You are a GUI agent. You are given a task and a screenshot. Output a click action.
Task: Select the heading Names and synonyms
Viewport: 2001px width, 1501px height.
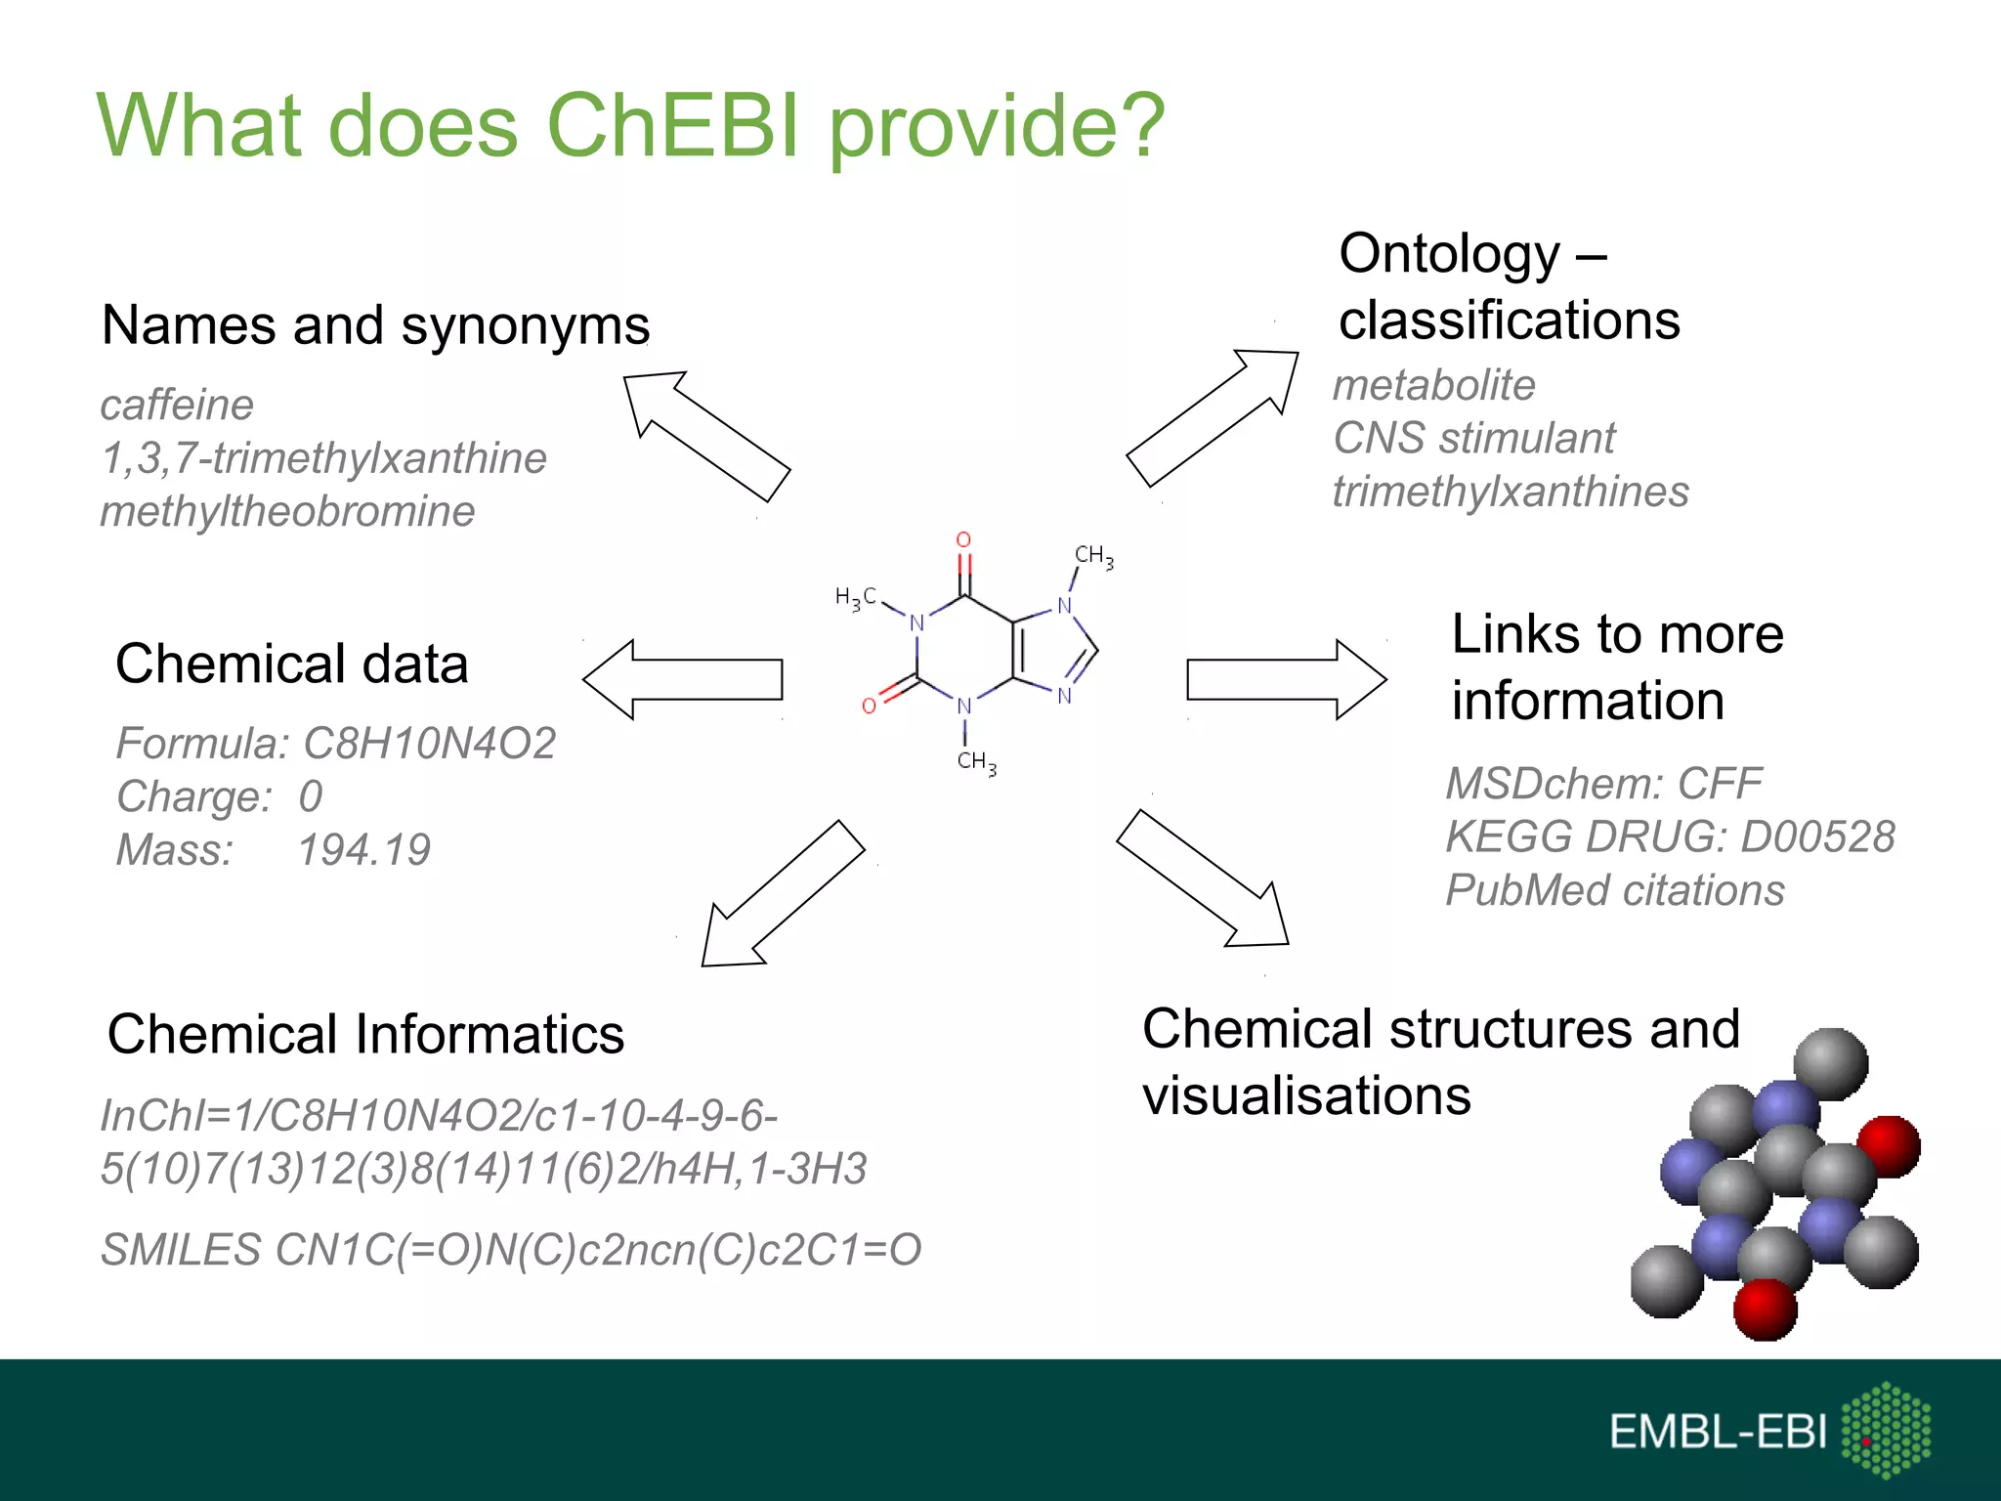(375, 325)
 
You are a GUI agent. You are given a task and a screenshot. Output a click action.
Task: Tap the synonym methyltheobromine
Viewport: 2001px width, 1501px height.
(287, 512)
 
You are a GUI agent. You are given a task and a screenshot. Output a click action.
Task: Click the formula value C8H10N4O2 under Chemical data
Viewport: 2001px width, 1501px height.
(429, 744)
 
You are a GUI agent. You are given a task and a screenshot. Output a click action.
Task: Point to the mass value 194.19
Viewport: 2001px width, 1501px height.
(363, 850)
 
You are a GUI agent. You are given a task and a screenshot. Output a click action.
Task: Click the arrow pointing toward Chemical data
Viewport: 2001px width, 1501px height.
(684, 679)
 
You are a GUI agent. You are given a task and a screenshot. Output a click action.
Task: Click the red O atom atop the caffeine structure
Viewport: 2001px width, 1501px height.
(963, 539)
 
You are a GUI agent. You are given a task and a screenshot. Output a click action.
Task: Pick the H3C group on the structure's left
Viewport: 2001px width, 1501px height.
(856, 597)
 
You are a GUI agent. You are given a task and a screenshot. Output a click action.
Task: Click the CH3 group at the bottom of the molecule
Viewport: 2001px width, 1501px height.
(976, 761)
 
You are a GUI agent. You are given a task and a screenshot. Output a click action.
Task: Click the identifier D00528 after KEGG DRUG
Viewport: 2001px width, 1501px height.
(1817, 837)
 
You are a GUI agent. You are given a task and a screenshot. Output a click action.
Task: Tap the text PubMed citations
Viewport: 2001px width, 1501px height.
(1614, 890)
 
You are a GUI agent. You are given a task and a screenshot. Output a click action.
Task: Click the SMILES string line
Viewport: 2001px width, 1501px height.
(511, 1250)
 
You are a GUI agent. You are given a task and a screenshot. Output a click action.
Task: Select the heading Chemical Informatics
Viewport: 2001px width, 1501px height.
(365, 1034)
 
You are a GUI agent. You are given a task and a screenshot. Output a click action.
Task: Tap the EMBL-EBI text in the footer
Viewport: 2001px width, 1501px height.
(1717, 1432)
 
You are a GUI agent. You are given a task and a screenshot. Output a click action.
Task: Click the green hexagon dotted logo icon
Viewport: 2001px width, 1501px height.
(1886, 1430)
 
